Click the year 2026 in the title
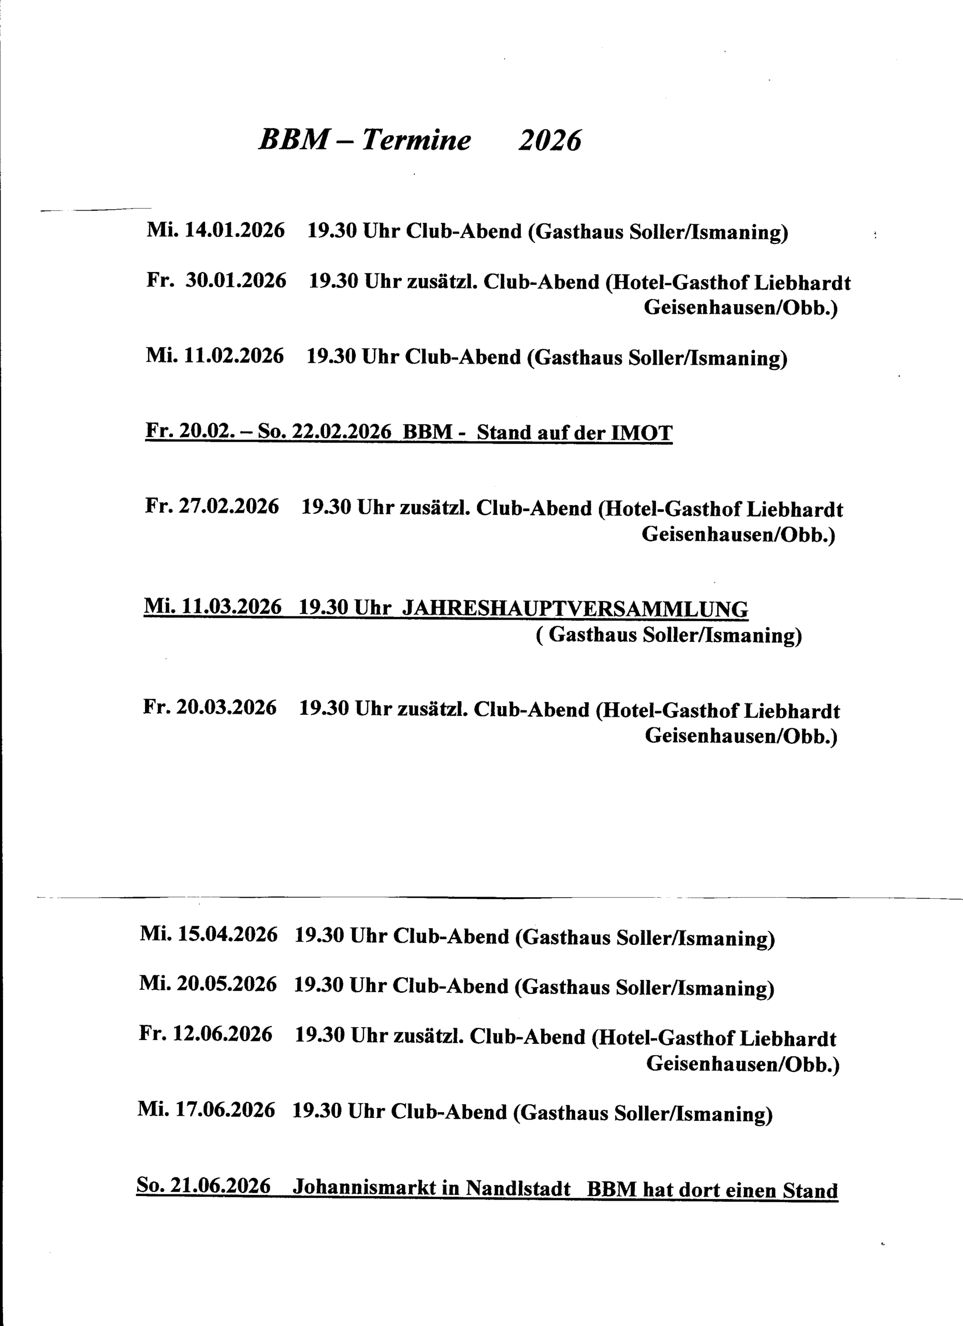pyautogui.click(x=549, y=141)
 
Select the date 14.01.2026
pyautogui.click(x=235, y=230)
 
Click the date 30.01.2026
pyautogui.click(x=236, y=281)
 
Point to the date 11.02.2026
pyautogui.click(x=234, y=355)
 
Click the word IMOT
pyautogui.click(x=641, y=433)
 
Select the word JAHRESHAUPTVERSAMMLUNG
pyautogui.click(x=575, y=609)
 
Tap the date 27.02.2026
pyautogui.click(x=228, y=506)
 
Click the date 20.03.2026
pyautogui.click(x=226, y=708)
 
